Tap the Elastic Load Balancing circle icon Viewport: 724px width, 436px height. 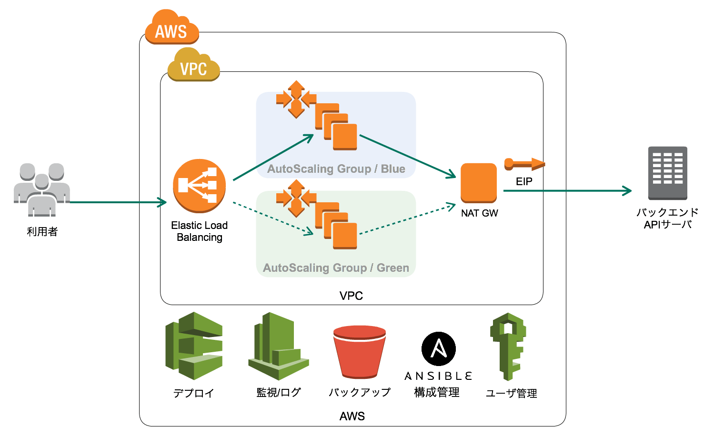(x=199, y=185)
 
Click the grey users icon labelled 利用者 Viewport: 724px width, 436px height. (x=42, y=189)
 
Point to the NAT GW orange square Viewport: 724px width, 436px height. (x=479, y=183)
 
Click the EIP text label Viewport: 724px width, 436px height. (x=524, y=181)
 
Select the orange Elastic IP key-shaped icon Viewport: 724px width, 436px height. (x=524, y=164)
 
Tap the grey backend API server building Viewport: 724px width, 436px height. (x=667, y=172)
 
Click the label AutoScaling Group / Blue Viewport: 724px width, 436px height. (x=336, y=169)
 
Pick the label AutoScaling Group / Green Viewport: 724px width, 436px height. (x=336, y=268)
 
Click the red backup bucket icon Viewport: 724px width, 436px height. (x=360, y=351)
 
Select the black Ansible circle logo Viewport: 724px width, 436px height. (x=439, y=348)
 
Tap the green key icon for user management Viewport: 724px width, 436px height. (x=508, y=346)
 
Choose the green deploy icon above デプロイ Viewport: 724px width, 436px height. (x=194, y=346)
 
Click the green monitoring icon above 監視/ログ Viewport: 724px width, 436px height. (x=278, y=346)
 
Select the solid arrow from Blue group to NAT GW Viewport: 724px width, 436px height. (x=407, y=156)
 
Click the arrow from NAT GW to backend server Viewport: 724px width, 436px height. (x=567, y=191)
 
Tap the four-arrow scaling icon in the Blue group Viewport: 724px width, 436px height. (x=296, y=99)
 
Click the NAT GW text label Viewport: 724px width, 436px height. (x=479, y=213)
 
